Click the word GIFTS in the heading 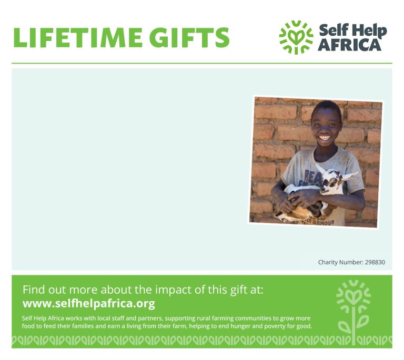(189, 38)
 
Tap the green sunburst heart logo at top (296, 37)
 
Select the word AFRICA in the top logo (349, 45)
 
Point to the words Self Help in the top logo (353, 30)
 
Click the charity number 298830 (375, 262)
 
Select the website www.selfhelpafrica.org (89, 303)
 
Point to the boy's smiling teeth (325, 138)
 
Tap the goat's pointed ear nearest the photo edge (350, 176)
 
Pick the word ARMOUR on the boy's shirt (324, 222)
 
